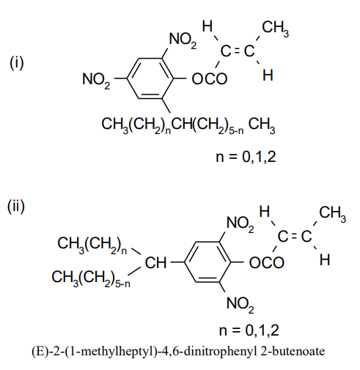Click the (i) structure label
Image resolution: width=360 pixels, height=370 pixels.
(17, 63)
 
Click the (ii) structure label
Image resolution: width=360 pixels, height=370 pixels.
(16, 207)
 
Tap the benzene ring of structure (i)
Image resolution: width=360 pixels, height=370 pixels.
(127, 78)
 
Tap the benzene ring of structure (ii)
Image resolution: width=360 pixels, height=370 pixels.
(185, 262)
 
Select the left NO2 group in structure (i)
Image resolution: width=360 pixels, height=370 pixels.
(96, 80)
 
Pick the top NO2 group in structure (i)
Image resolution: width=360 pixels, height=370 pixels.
(183, 40)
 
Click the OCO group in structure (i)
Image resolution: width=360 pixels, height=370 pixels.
(210, 79)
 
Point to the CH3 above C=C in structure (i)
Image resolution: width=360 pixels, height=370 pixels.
(275, 28)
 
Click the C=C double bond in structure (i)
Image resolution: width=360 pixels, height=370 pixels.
(238, 51)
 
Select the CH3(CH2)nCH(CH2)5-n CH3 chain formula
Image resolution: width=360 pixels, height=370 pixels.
(188, 125)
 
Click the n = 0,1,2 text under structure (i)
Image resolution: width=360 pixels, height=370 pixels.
(246, 157)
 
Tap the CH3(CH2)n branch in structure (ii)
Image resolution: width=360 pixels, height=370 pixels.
(92, 244)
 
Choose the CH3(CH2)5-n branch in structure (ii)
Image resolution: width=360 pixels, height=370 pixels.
(91, 278)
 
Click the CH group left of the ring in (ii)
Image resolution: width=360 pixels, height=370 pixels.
(155, 263)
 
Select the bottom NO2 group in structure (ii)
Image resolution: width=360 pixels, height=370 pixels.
(240, 305)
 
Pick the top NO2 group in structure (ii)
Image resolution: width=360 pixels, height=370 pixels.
(240, 223)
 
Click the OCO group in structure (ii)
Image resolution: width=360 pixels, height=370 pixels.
(267, 263)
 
